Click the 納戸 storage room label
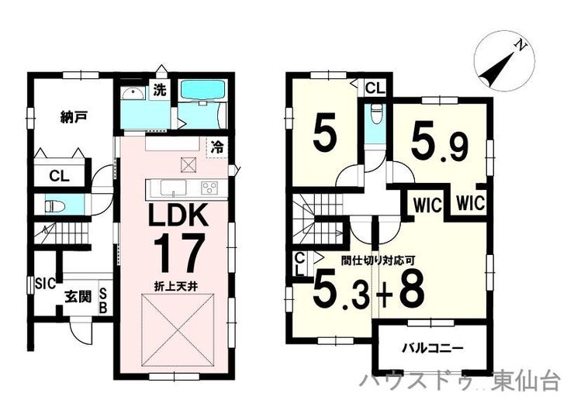[x=74, y=117]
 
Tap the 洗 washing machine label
[x=160, y=90]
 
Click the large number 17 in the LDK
[x=178, y=253]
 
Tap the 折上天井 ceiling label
[x=176, y=286]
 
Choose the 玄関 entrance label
[x=78, y=296]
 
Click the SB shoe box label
[x=103, y=300]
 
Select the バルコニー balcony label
[x=433, y=348]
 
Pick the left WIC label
[x=427, y=205]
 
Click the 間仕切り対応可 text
[x=378, y=260]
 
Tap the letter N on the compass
[x=520, y=46]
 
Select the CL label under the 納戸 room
[x=59, y=177]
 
